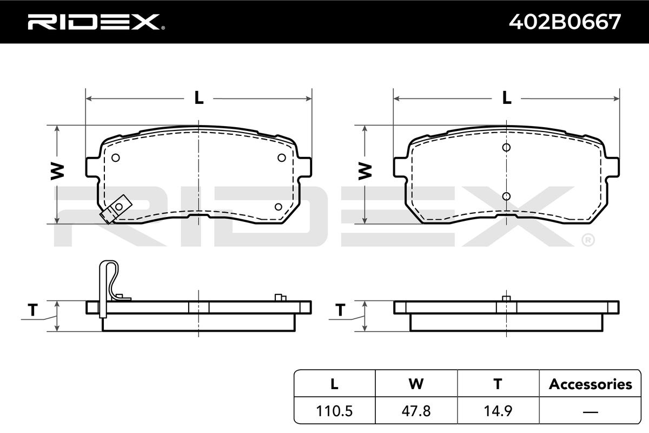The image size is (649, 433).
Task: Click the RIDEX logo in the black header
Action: [96, 22]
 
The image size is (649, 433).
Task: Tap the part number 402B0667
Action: [565, 22]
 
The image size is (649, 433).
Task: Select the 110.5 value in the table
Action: [334, 411]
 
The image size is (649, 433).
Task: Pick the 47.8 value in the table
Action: [416, 411]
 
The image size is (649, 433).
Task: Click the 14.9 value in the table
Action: [498, 411]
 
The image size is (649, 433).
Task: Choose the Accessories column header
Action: [590, 384]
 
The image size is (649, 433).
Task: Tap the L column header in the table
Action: [334, 384]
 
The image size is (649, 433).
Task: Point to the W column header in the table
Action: [416, 384]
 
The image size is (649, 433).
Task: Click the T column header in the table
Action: [498, 384]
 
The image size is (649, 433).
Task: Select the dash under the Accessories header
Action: [590, 411]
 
